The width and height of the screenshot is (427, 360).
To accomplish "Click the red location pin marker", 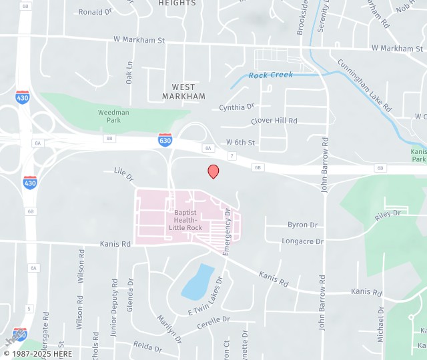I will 213,171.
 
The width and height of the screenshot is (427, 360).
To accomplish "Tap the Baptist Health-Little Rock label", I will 185,220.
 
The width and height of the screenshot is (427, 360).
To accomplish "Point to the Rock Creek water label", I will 271,75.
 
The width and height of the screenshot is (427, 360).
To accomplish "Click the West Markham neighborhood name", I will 183,92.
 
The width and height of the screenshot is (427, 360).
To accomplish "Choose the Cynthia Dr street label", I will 237,107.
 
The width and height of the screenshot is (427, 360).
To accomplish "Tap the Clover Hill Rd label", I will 274,121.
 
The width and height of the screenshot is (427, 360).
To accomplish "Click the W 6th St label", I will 240,143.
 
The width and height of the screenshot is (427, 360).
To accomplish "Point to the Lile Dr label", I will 124,174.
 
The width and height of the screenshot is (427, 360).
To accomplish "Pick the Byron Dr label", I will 302,225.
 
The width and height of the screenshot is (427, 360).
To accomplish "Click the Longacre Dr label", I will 302,241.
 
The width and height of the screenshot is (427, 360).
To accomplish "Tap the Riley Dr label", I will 387,215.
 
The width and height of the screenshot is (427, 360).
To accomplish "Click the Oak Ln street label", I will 129,73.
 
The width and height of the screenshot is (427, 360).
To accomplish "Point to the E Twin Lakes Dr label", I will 204,301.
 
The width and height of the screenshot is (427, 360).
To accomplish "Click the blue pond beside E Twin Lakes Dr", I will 198,282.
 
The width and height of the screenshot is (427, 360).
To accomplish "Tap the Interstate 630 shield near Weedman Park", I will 165,140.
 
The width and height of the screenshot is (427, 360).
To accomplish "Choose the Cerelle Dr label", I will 213,320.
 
